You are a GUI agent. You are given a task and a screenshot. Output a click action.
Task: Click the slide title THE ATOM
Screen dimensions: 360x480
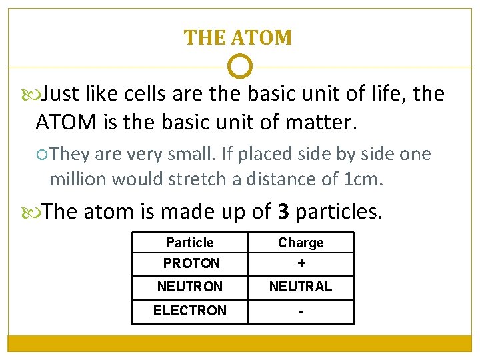tap(238, 37)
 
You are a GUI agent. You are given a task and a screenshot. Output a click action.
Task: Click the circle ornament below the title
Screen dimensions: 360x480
tap(240, 67)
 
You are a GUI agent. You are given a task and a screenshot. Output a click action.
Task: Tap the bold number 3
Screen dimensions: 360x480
tap(283, 211)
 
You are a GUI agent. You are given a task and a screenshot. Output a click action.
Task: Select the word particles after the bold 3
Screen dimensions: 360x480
tap(339, 212)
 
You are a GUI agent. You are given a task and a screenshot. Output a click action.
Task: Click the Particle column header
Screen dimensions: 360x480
tap(190, 243)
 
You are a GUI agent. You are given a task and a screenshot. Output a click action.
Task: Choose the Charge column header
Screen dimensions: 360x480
tap(301, 243)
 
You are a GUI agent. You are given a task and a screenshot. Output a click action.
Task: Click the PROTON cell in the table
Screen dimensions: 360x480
tap(191, 263)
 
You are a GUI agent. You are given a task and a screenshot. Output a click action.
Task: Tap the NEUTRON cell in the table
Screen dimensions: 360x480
tap(190, 287)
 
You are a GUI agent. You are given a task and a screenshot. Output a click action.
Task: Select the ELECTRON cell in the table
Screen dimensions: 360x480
tap(190, 311)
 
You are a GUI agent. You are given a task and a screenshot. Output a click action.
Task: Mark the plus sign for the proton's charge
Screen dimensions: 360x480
tap(301, 263)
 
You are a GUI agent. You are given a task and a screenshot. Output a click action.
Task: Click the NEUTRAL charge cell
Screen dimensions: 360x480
tap(301, 287)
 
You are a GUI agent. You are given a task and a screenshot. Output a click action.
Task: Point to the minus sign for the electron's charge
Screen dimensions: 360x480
tap(301, 311)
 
